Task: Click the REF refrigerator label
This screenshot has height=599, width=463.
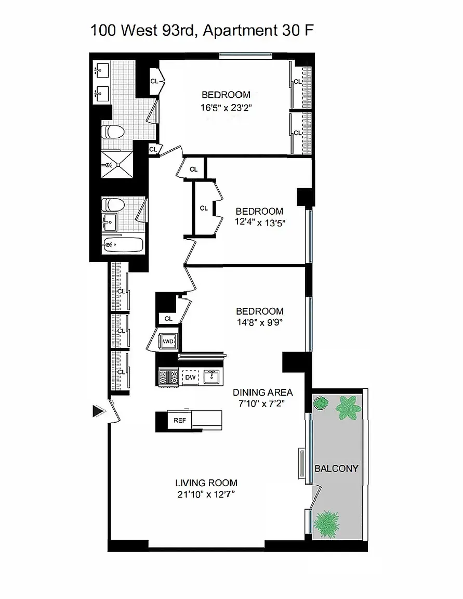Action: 180,420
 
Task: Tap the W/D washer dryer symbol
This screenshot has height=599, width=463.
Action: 168,341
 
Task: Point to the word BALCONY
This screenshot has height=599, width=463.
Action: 336,468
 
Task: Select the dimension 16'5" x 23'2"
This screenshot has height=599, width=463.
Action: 226,108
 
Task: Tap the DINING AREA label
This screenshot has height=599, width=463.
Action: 262,392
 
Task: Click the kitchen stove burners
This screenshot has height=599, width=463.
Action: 168,377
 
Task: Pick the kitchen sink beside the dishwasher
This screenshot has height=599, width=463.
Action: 211,377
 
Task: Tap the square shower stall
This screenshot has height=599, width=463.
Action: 117,165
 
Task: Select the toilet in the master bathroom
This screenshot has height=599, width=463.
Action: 114,132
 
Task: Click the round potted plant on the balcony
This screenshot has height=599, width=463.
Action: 320,403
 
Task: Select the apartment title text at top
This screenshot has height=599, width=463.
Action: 202,31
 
